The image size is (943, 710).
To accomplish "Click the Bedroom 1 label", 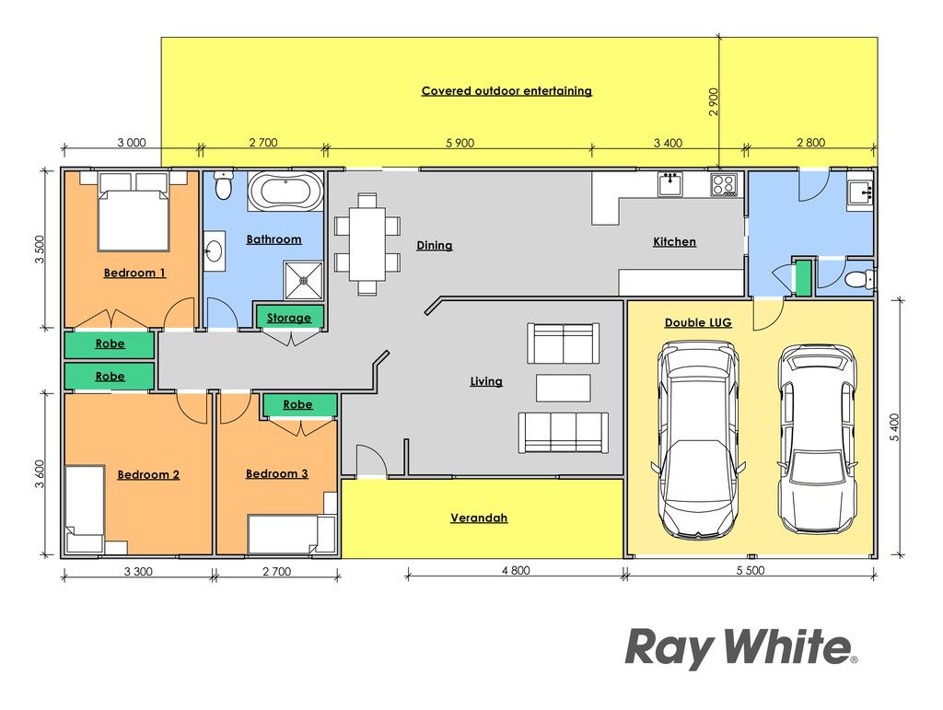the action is [x=134, y=273].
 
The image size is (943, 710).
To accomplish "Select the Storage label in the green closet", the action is [x=289, y=318].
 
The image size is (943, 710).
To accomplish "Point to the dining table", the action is [x=367, y=243].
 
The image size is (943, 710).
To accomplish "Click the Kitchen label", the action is [x=675, y=241].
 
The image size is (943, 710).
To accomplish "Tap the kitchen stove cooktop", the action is [x=724, y=184].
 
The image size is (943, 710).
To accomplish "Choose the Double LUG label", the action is [x=698, y=323].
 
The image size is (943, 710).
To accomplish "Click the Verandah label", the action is [x=479, y=518].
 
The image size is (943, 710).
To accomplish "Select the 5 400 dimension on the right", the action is [x=895, y=427].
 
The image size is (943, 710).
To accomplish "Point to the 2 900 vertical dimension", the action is [x=714, y=101].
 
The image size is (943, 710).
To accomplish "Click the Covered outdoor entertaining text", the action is [x=507, y=91].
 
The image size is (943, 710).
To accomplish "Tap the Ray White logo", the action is [x=741, y=648].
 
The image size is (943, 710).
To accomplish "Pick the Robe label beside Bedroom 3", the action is [x=297, y=404].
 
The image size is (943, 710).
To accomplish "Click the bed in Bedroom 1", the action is [x=133, y=211].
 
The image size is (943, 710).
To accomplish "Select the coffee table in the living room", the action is [x=563, y=388].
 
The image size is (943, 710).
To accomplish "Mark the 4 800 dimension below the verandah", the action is [x=516, y=571].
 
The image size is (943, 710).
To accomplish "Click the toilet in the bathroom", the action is [x=224, y=185].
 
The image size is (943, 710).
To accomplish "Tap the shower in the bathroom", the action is [x=304, y=280].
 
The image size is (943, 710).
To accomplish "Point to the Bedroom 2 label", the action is [x=148, y=475].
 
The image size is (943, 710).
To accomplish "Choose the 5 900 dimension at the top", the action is [x=460, y=143].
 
